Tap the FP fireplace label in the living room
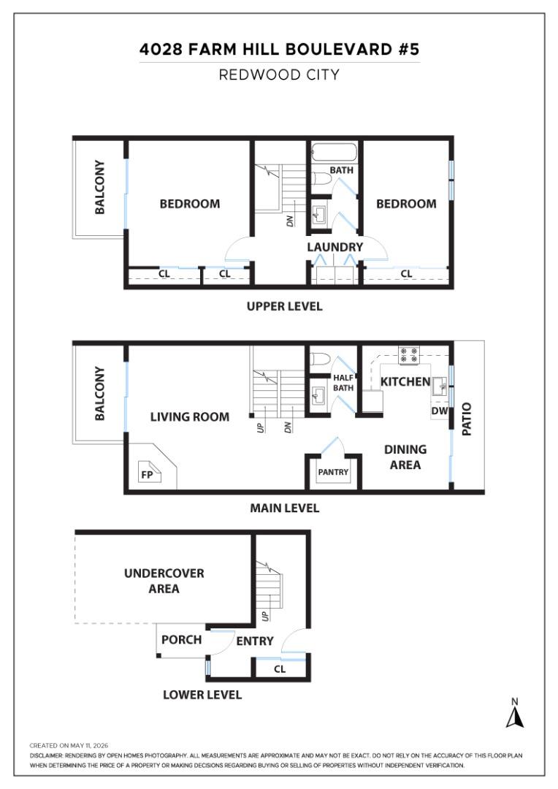click(147, 475)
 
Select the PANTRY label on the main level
click(333, 472)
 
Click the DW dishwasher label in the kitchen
click(439, 411)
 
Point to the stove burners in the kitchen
click(408, 355)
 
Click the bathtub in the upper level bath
click(334, 152)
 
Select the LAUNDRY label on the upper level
click(335, 247)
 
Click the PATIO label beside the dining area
click(467, 419)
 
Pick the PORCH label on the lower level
click(181, 639)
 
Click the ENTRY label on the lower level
click(255, 641)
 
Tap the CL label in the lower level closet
click(280, 669)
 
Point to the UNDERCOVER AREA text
click(164, 581)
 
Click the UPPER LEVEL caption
click(284, 306)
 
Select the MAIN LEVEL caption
click(285, 508)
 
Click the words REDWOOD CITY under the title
click(279, 75)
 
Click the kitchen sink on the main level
click(439, 387)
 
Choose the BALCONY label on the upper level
click(100, 187)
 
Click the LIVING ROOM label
click(190, 416)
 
